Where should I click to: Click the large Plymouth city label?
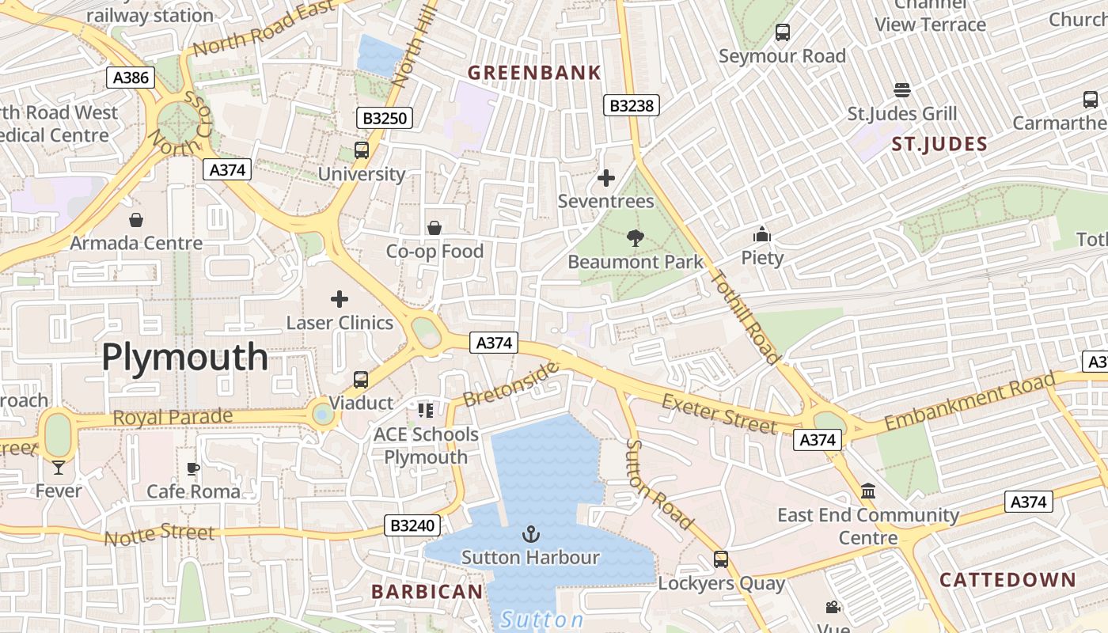184,358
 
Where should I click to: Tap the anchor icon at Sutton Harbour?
531,535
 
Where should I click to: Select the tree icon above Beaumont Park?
635,237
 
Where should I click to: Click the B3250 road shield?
385,119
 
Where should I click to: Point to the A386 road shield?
131,78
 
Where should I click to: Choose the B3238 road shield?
631,105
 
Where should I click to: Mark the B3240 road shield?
412,525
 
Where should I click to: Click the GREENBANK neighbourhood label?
534,74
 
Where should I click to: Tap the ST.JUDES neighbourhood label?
939,144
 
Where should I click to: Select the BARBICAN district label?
427,592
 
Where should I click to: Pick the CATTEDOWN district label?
1007,580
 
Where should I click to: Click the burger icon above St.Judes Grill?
902,90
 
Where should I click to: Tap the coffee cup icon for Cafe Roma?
193,469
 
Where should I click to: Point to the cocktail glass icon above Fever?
58,468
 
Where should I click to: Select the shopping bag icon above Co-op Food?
434,229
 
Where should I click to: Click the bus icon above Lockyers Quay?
721,559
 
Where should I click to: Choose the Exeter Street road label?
719,412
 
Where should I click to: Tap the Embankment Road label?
970,404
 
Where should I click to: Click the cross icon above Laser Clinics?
340,299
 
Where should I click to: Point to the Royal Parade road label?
173,417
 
